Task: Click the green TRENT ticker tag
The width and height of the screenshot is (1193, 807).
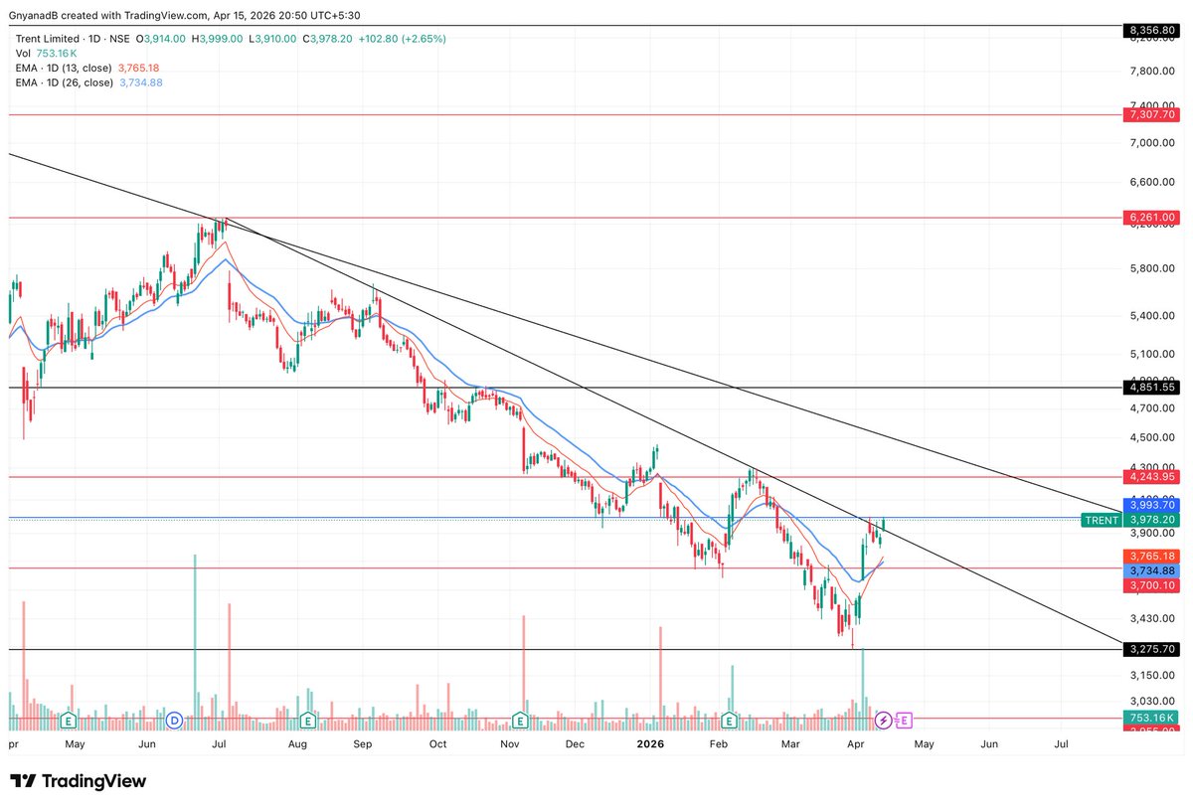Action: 1102,520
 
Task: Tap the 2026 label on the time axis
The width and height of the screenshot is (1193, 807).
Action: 650,743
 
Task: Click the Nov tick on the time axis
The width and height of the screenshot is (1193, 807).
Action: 510,743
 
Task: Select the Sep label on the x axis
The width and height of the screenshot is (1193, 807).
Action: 363,743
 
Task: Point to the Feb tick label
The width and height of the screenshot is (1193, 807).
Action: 722,743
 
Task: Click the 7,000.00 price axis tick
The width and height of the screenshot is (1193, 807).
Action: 1152,143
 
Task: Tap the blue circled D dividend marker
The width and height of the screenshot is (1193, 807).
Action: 174,720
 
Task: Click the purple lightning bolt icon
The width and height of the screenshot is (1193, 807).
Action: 883,720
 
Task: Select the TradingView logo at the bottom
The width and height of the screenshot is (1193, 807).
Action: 79,781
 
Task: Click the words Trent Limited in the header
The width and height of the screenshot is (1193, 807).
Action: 48,39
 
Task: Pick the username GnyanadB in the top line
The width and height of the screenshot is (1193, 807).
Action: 34,15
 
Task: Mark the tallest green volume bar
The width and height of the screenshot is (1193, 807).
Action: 195,636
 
